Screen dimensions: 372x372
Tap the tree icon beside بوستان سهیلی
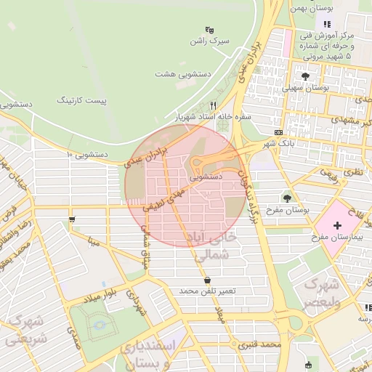304,75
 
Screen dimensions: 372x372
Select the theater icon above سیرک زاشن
209,30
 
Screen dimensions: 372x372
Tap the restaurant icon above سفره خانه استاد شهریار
213,105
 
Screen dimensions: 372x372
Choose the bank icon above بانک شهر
279,132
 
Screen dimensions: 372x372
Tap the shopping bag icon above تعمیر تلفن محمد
209,280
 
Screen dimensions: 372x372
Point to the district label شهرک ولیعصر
320,292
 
